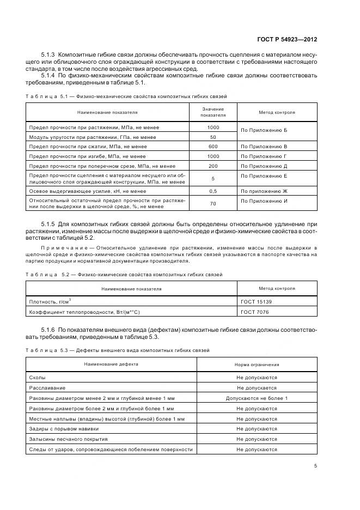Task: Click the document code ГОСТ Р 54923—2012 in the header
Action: [288, 40]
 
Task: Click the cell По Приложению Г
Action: [264, 156]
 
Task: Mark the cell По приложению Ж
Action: [264, 191]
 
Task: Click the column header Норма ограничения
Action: [257, 364]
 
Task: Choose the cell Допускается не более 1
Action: [257, 398]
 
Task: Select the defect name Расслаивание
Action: [47, 388]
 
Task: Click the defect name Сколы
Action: [37, 377]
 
